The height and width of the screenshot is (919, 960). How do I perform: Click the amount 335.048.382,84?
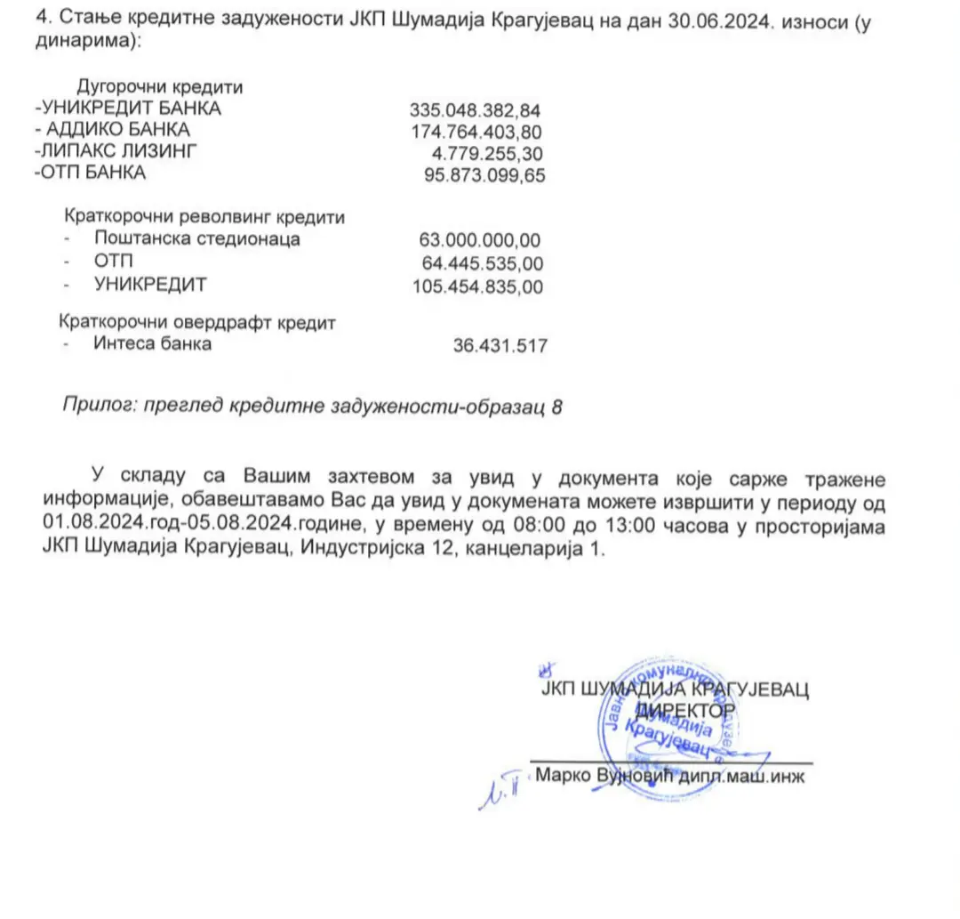[475, 110]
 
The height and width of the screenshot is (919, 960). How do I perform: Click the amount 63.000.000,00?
[480, 239]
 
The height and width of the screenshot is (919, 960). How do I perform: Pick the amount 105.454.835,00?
[477, 286]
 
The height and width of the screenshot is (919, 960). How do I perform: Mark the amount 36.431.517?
[500, 345]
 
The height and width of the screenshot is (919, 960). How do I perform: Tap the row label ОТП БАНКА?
[90, 173]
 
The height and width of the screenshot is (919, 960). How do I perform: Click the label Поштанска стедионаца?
[196, 238]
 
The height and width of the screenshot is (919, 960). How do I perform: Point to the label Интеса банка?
[152, 343]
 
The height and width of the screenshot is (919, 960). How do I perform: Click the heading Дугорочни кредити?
[160, 87]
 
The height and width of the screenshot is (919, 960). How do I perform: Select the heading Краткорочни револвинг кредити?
[204, 216]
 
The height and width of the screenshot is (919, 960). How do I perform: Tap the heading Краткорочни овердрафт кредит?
[197, 321]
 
